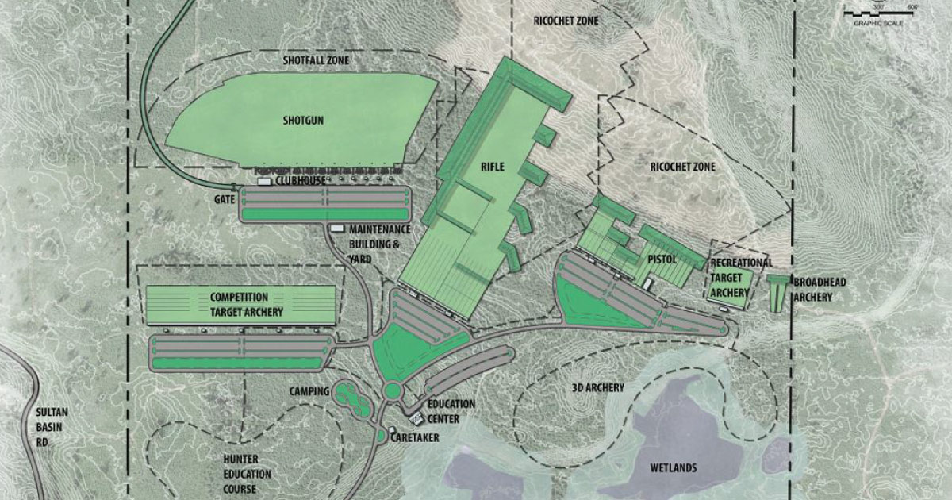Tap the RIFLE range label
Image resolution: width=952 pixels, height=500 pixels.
pyautogui.click(x=493, y=167)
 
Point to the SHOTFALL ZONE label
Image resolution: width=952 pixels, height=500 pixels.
pyautogui.click(x=317, y=60)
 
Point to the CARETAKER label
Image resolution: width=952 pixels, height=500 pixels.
pyautogui.click(x=413, y=438)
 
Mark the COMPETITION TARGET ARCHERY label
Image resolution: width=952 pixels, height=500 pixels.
pyautogui.click(x=246, y=304)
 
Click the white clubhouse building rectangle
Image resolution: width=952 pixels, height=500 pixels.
pyautogui.click(x=263, y=182)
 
